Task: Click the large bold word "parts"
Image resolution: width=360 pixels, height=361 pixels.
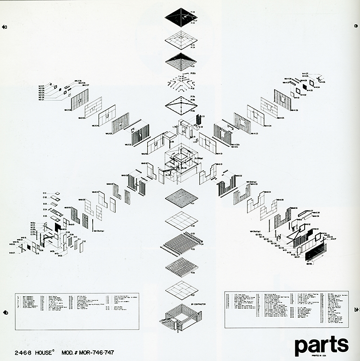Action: point(321,345)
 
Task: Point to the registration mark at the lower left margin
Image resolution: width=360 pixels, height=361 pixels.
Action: point(4,311)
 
